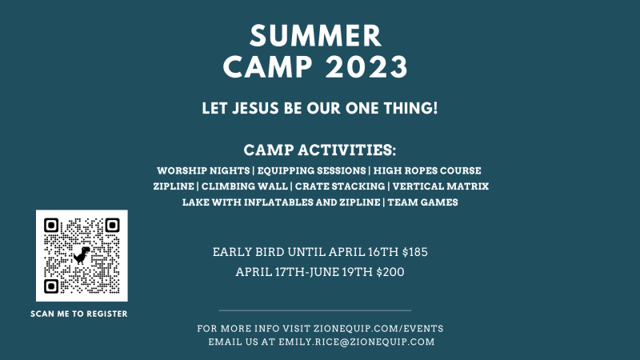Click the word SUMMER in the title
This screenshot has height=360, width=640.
(x=315, y=36)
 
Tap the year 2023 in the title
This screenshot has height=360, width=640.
(x=367, y=67)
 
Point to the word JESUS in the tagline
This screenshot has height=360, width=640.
(x=255, y=108)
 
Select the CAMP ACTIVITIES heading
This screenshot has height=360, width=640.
(x=319, y=150)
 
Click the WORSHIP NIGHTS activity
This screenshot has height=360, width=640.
(x=203, y=170)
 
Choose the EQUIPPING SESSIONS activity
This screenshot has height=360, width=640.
(x=311, y=170)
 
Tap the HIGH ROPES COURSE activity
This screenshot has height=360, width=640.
(x=427, y=170)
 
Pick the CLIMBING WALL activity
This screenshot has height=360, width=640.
(x=245, y=186)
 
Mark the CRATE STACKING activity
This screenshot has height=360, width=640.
(x=340, y=186)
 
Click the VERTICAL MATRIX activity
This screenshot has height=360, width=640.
(x=441, y=186)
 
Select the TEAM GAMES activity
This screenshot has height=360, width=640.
(x=423, y=202)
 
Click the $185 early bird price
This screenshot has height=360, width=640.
(x=415, y=252)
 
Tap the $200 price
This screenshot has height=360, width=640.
(x=390, y=272)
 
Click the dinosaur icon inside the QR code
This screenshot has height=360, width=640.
(x=82, y=255)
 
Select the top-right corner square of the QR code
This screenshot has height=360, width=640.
(x=112, y=225)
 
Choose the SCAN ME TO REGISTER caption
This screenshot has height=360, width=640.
(x=78, y=314)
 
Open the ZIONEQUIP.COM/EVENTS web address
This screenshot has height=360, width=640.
(x=378, y=329)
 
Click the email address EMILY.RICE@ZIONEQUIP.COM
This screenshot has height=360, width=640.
(x=357, y=342)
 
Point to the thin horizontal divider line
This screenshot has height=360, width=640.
(x=315, y=310)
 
